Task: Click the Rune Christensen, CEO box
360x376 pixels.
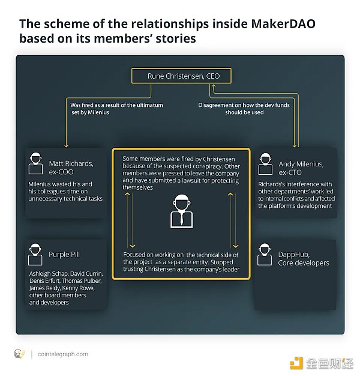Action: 179,76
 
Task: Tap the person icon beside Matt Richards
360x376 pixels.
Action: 36,163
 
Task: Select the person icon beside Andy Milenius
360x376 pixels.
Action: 265,163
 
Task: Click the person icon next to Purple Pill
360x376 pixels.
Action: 36,255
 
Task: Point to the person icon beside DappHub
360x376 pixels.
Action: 265,254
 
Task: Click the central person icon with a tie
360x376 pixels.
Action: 180,210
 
